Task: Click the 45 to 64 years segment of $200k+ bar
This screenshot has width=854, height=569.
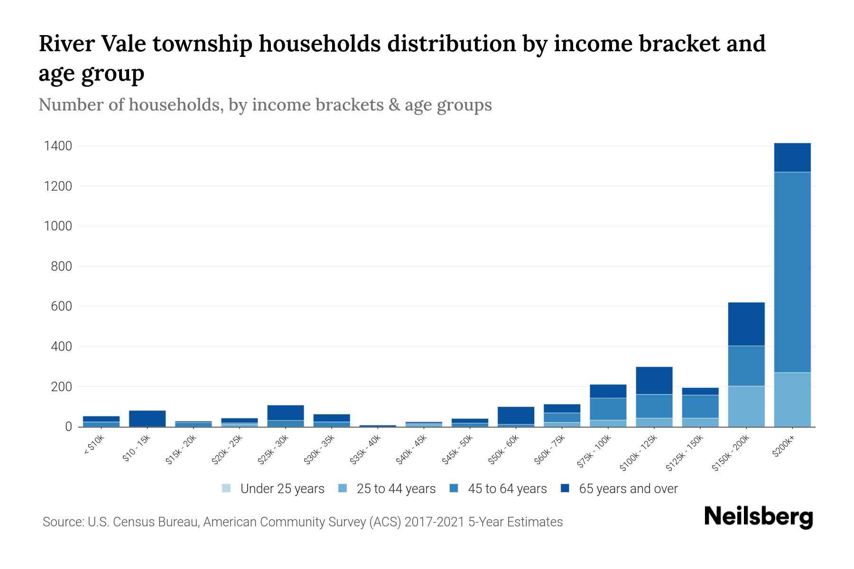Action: tap(792, 273)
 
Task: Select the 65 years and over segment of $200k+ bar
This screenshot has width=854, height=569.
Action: tap(792, 157)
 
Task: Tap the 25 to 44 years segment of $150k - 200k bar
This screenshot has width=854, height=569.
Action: tap(746, 406)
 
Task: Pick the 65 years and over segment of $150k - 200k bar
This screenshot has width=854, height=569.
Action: tap(746, 324)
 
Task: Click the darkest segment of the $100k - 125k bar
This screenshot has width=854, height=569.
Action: tap(654, 380)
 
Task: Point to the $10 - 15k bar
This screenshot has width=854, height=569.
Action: tap(147, 418)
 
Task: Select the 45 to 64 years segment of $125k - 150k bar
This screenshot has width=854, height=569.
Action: tap(700, 406)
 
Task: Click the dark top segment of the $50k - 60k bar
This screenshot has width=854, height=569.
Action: tap(516, 415)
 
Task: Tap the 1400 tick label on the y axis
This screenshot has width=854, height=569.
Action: tap(58, 146)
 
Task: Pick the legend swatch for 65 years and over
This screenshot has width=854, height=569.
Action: tap(565, 488)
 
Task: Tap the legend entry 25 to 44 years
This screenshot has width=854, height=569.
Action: tap(396, 489)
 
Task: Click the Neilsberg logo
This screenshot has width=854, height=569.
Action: tap(758, 517)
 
